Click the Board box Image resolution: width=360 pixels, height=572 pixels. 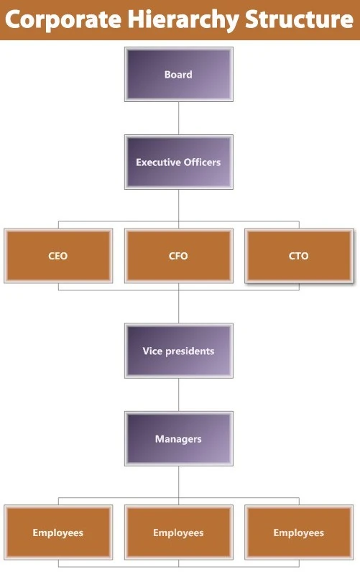click(x=178, y=74)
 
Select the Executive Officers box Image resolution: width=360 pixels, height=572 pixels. click(x=178, y=162)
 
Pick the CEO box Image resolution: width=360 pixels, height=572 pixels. click(x=57, y=256)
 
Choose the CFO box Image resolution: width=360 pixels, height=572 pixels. click(x=178, y=256)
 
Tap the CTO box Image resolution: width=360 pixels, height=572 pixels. click(x=299, y=256)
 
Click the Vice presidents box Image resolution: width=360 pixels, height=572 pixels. click(x=178, y=351)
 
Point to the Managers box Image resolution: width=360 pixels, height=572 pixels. click(x=178, y=438)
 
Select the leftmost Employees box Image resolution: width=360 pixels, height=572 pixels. click(x=57, y=532)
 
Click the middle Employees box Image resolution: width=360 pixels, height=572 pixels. click(x=178, y=532)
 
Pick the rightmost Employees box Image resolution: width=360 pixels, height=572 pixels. click(x=299, y=532)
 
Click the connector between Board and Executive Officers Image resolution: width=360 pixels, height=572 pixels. click(x=178, y=117)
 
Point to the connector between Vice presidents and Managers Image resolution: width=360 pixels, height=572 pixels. click(x=178, y=395)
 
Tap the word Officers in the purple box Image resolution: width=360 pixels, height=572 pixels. click(x=201, y=162)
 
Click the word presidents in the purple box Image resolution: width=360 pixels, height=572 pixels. click(x=189, y=351)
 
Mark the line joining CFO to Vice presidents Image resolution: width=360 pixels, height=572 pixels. click(x=178, y=305)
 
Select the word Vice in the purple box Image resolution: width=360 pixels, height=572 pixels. click(x=152, y=351)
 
